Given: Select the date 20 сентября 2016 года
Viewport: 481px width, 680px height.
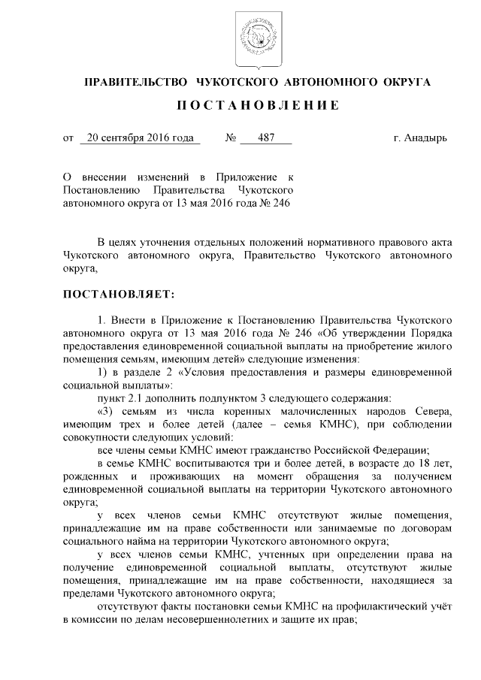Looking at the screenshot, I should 139,139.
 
